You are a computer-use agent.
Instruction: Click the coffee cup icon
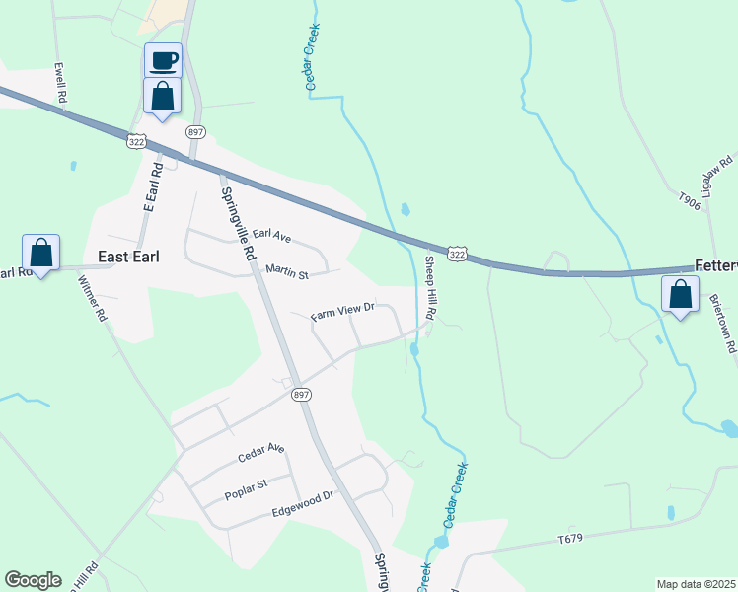163,59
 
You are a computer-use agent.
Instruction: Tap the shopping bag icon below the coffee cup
163,96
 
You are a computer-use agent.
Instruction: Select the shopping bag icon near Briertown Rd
680,294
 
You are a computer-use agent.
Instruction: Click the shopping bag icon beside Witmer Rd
40,253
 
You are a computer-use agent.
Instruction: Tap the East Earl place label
129,256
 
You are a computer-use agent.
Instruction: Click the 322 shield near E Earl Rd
137,142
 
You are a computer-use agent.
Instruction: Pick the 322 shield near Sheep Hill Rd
456,255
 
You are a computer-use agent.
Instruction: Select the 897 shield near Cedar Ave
302,394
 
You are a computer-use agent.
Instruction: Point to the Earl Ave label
271,236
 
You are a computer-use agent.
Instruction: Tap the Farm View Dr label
343,313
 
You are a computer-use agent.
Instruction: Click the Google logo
33,579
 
